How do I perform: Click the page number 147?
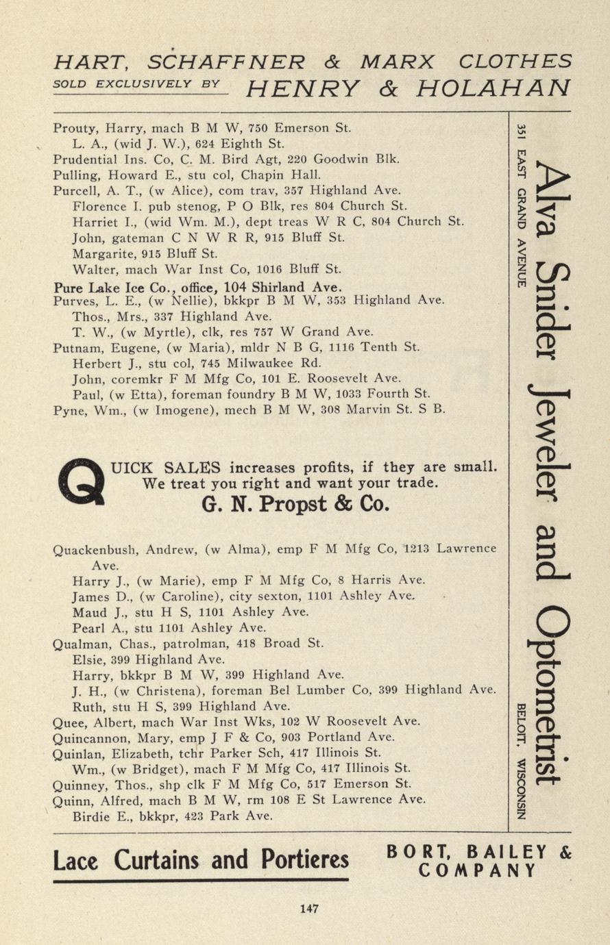click(x=309, y=909)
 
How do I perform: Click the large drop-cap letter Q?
click(x=82, y=482)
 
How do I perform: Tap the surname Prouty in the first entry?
click(x=72, y=127)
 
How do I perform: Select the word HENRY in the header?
click(x=303, y=88)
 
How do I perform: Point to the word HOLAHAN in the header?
click(x=493, y=88)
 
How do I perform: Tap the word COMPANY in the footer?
click(x=478, y=870)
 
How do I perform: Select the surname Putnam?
click(x=75, y=348)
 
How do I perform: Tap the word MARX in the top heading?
click(x=398, y=62)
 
